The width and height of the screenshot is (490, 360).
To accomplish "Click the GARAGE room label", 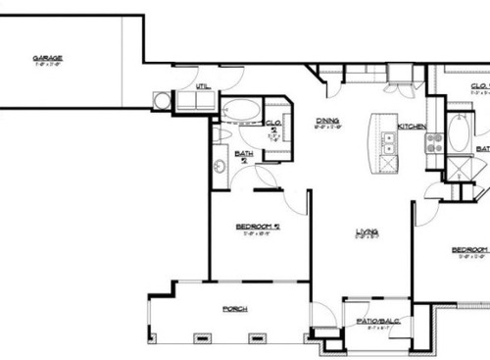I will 42,58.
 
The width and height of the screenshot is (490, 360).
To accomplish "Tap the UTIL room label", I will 203,86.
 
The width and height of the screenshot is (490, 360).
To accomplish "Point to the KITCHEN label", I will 412,127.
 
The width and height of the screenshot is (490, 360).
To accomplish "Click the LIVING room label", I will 367,231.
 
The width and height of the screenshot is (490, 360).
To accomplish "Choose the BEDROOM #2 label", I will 259,227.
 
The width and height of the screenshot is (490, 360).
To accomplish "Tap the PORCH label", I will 234,308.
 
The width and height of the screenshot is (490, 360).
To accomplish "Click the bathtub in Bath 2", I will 240,108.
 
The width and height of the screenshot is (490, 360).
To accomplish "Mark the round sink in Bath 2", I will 219,166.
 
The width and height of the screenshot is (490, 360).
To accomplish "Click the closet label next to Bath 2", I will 275,125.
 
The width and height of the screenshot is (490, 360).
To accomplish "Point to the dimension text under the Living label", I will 367,238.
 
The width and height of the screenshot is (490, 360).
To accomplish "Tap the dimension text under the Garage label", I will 42,65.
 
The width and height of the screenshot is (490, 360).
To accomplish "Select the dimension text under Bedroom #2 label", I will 259,233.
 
